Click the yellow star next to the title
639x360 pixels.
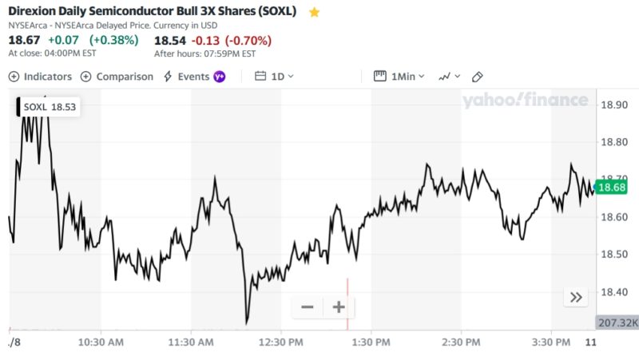314,13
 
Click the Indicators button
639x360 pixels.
40,77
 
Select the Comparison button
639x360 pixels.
117,77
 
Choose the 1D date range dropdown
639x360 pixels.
274,77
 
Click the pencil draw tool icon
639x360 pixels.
478,77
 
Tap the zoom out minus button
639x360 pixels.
308,307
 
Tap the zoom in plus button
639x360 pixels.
339,307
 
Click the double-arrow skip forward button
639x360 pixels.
576,298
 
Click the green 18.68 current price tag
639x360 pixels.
611,188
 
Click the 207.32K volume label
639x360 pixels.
617,322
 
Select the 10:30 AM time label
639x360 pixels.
100,342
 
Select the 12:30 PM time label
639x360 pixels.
280,342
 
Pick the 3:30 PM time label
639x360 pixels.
551,342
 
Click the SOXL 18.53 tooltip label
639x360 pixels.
50,107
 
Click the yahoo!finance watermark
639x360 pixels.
525,101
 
